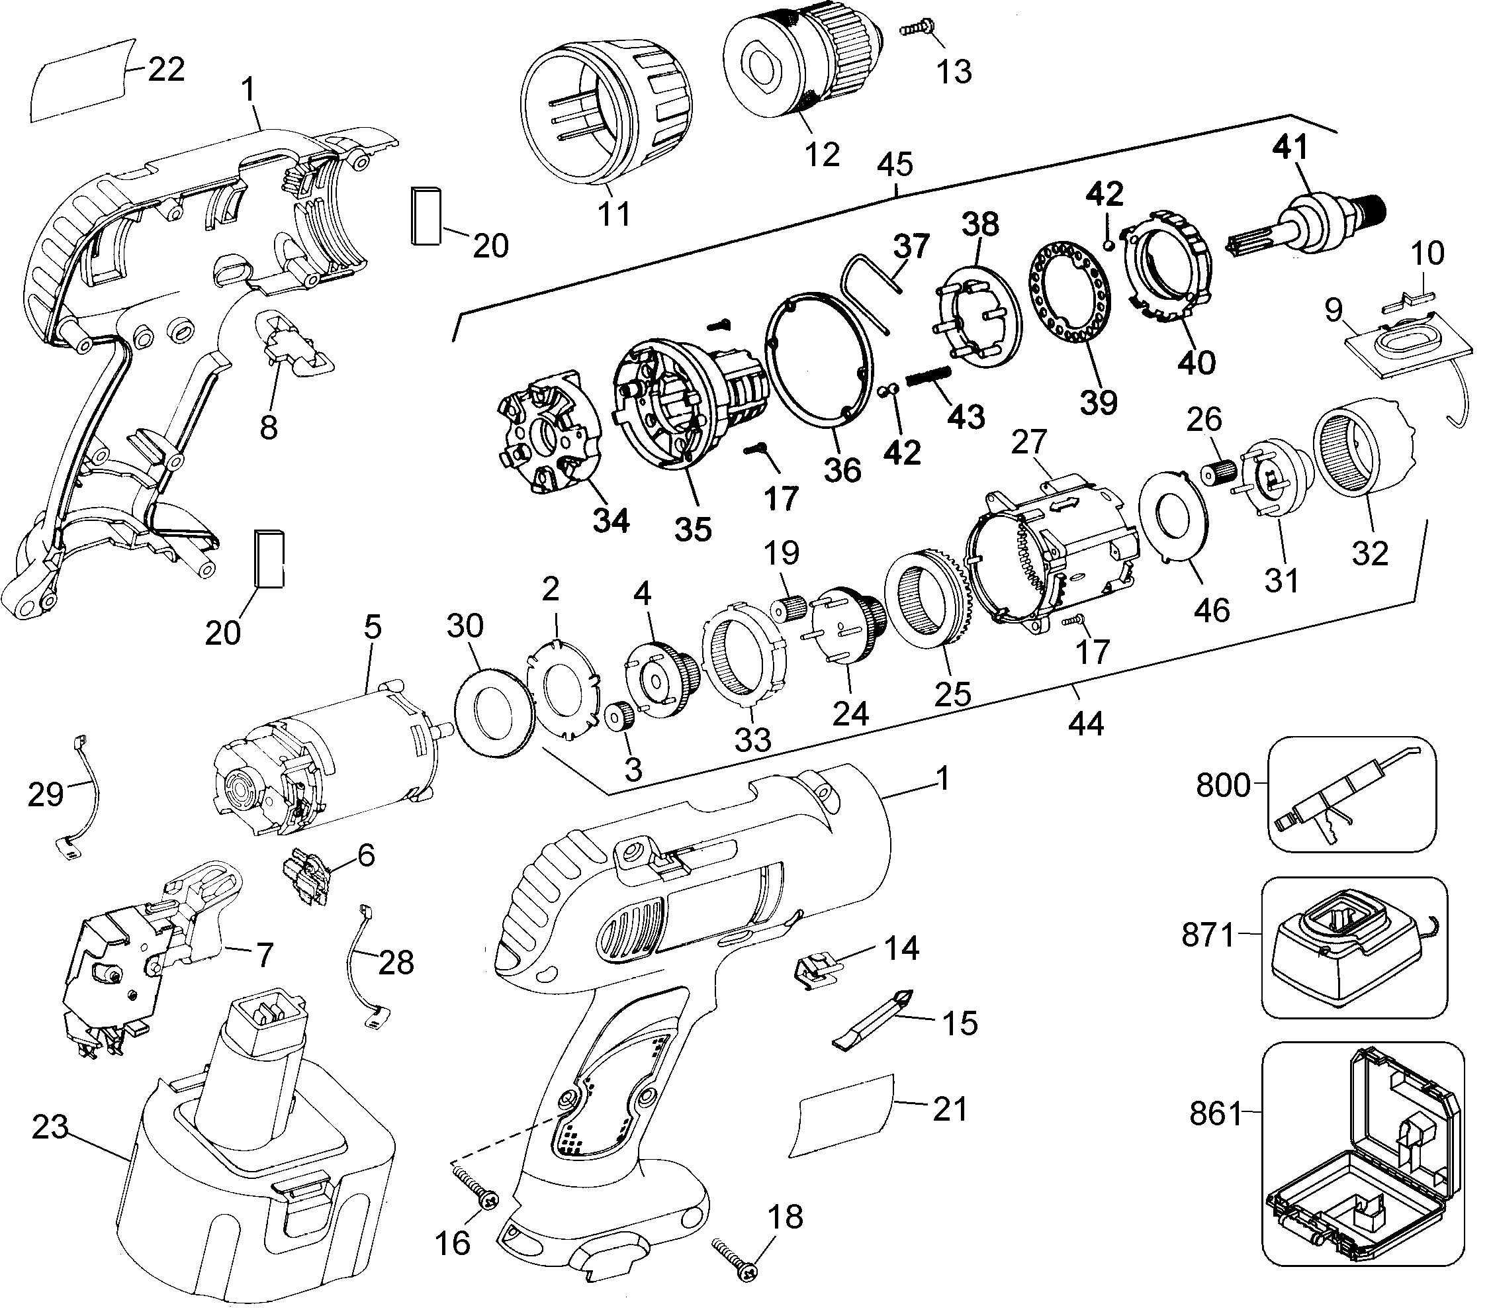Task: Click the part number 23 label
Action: click(x=50, y=1128)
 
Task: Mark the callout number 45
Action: click(x=895, y=165)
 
